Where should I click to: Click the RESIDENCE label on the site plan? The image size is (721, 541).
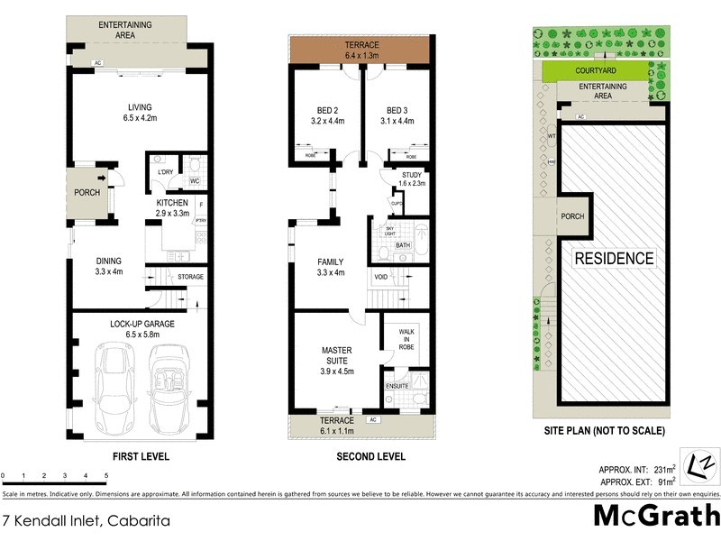pos(615,258)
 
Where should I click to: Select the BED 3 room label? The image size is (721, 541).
pos(397,113)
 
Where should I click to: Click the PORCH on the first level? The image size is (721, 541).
pos(86,192)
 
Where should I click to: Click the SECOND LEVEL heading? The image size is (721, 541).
pos(370,457)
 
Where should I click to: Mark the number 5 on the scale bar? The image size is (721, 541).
pos(106,475)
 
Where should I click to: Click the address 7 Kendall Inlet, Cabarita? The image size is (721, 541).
pos(86,520)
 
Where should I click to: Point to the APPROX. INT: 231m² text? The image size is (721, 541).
pos(638,469)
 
